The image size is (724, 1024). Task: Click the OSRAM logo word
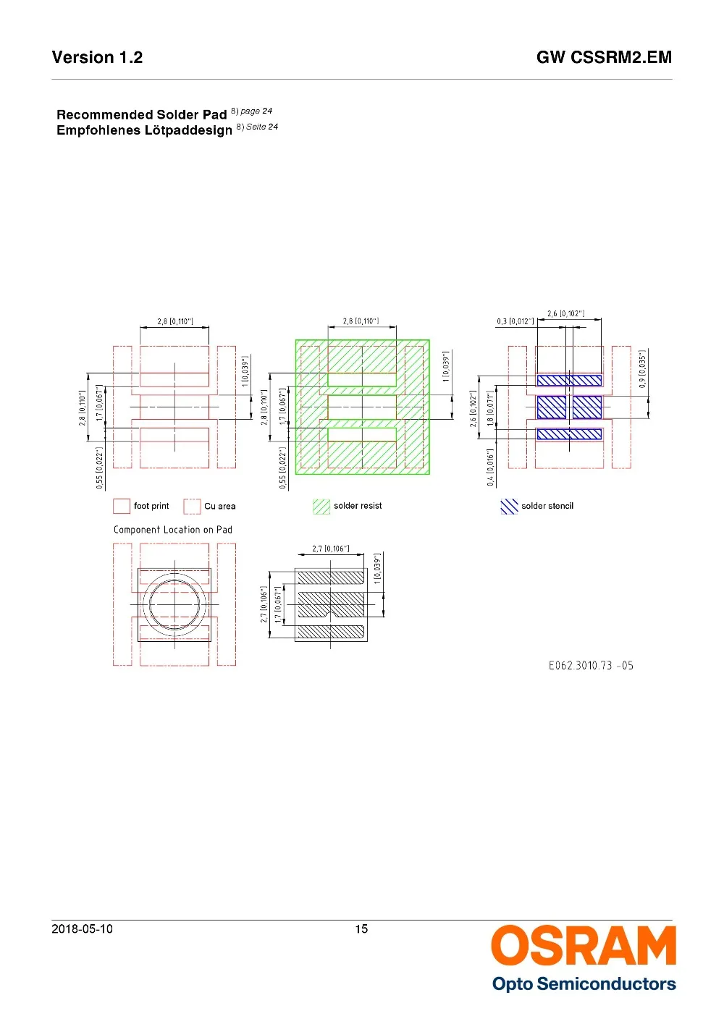coord(584,945)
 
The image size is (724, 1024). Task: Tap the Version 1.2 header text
coord(97,58)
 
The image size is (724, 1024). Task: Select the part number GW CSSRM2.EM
coord(604,58)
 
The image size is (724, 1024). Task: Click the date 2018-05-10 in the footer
coord(82,929)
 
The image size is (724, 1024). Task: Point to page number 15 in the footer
coord(361,929)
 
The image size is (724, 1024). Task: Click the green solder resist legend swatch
coord(321,507)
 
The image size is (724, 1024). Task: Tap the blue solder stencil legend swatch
coord(509,507)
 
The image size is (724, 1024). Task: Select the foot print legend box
coord(122,507)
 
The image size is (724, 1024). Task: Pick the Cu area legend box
coord(192,507)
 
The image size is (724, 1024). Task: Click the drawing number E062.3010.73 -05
coord(591,666)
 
